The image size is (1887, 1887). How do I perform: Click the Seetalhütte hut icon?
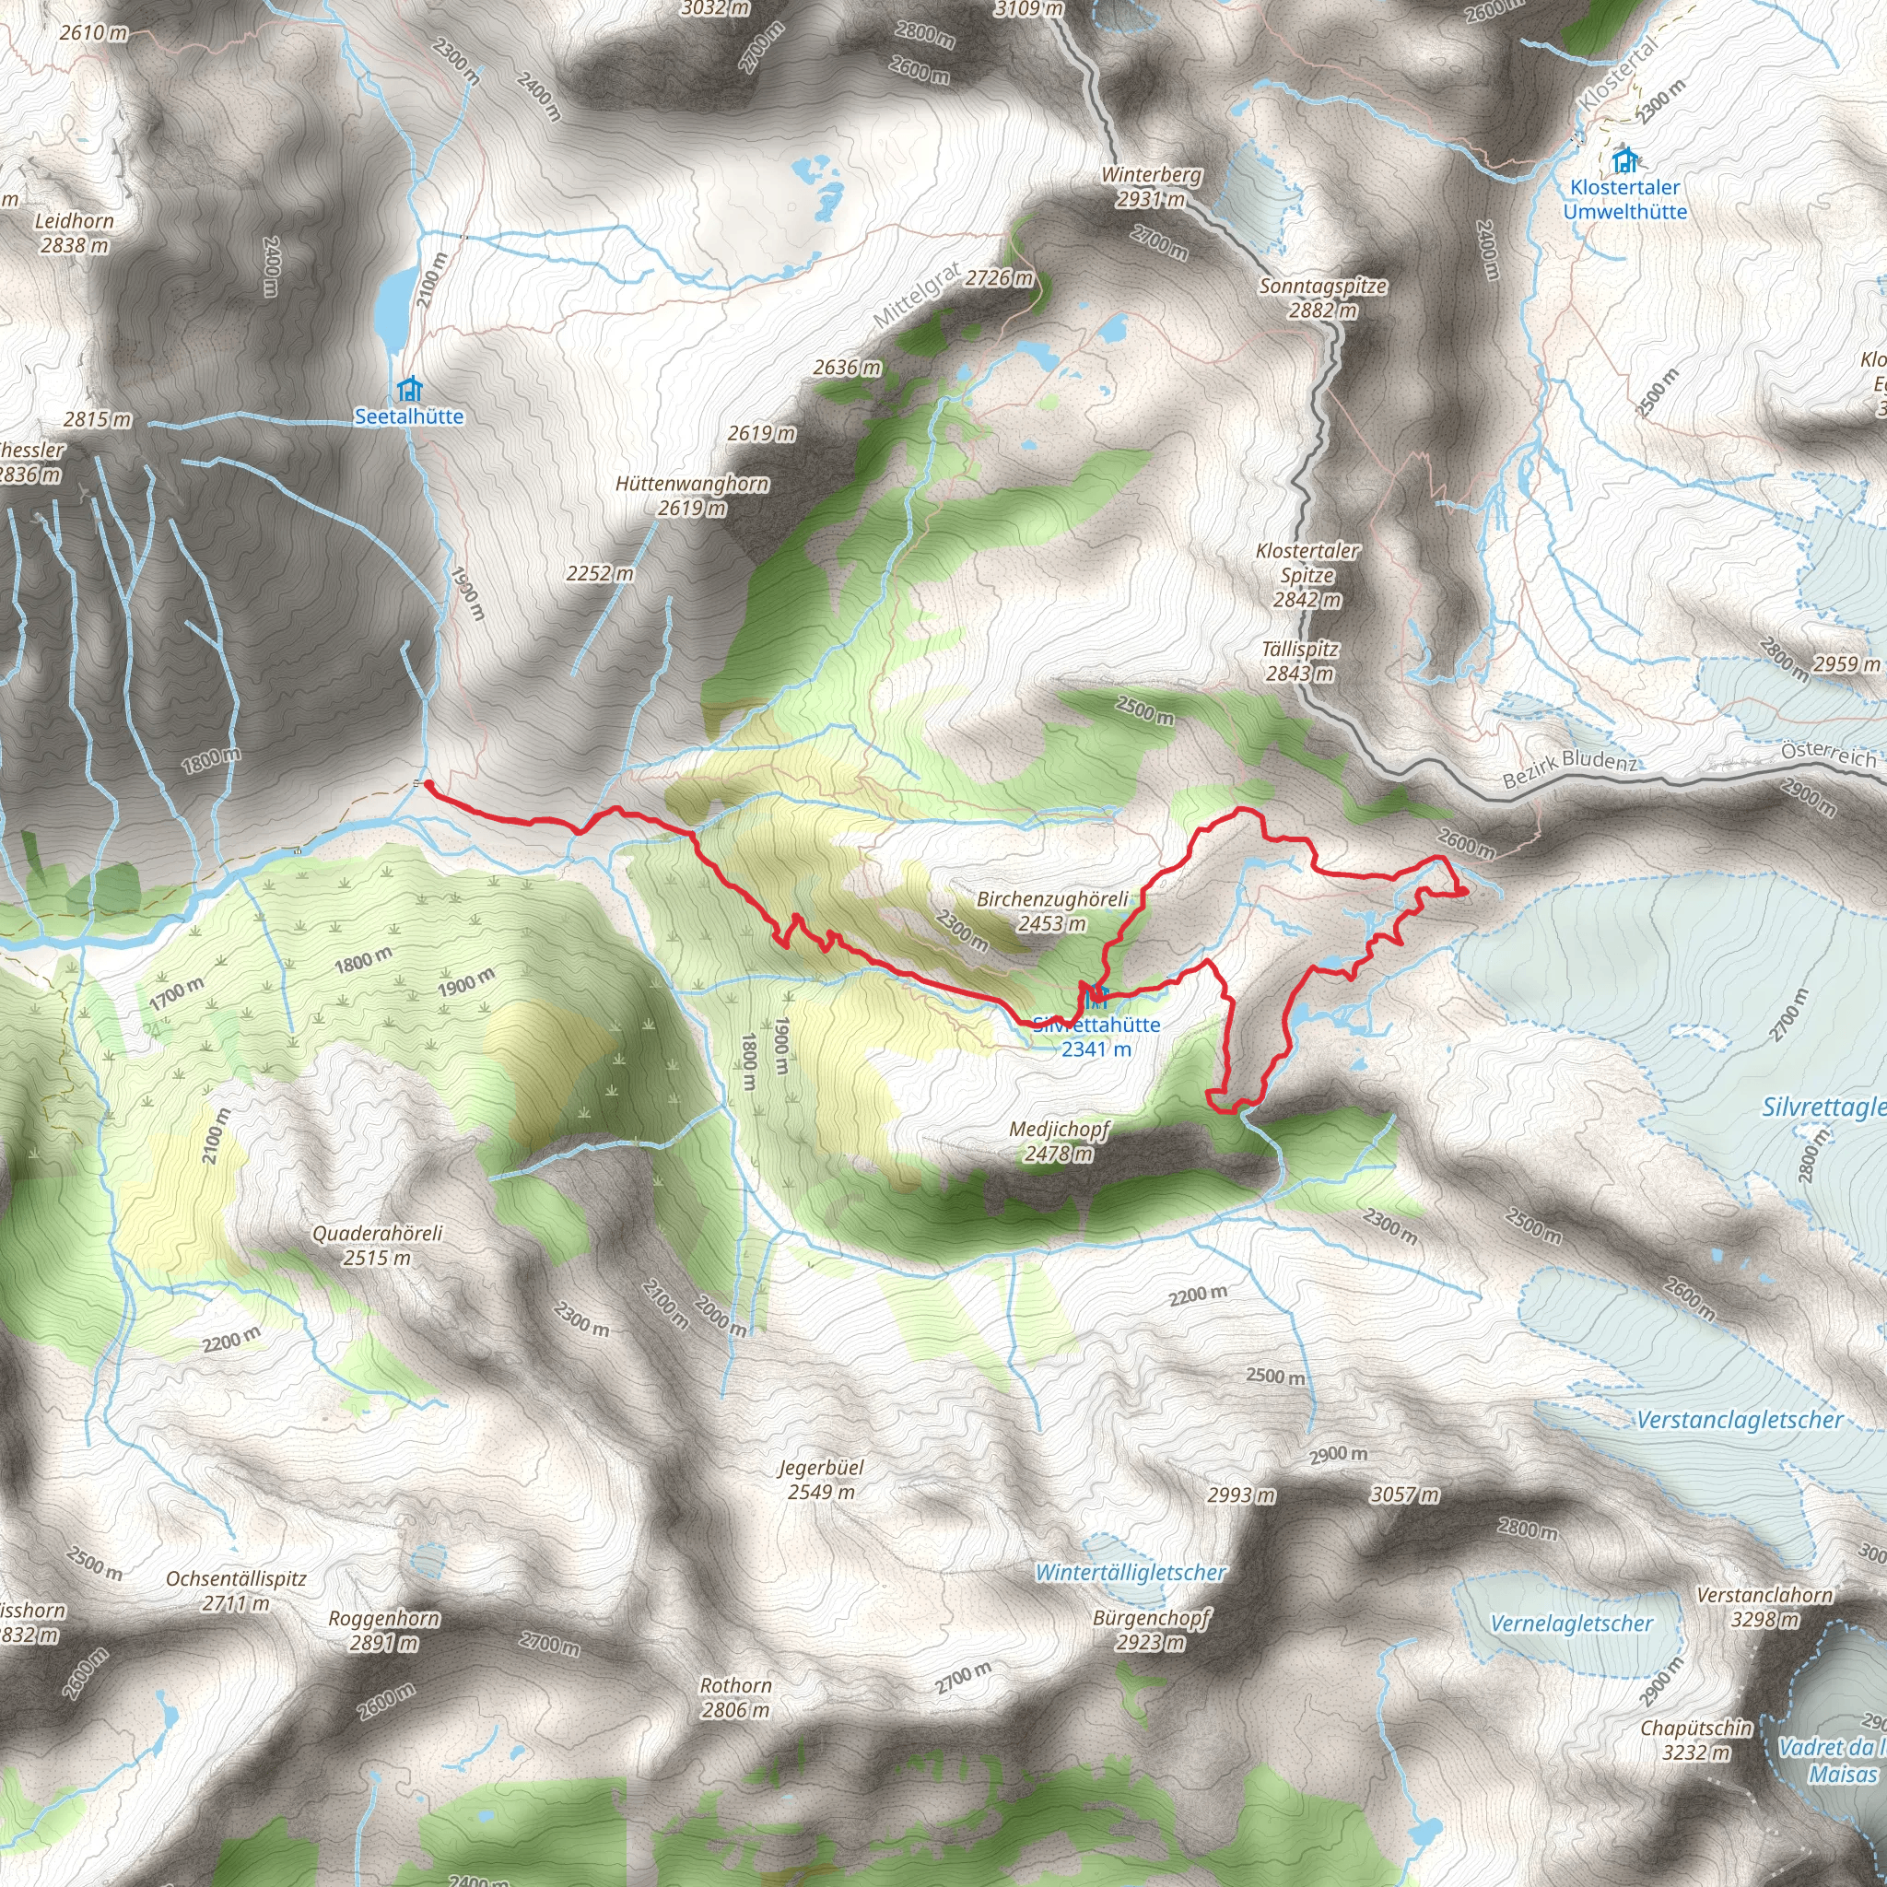coord(409,390)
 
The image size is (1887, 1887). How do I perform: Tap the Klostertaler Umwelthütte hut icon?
coord(1625,159)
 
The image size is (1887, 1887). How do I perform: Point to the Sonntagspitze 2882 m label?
coord(1322,298)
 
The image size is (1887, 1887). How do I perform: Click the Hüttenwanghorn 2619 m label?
coord(693,495)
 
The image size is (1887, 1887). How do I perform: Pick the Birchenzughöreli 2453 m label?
coord(1052,910)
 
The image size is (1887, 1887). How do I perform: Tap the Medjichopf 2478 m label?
coord(1059,1141)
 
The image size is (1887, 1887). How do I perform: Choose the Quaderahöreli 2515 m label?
coord(377,1246)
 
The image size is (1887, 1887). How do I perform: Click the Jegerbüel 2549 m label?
coord(821,1479)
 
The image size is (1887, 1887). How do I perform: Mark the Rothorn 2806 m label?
coord(735,1697)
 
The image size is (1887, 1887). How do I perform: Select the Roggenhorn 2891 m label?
coord(384,1630)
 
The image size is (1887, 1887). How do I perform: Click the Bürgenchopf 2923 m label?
coord(1152,1629)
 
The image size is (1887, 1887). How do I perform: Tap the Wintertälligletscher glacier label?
coord(1130,1573)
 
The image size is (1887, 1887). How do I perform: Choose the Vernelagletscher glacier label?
coord(1572,1623)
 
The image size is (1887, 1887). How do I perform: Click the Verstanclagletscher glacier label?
coord(1740,1420)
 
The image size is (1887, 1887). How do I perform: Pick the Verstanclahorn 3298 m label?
coord(1764,1607)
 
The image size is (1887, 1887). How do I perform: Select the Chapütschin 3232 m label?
coord(1696,1740)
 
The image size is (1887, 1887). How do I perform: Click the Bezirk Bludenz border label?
coord(1568,768)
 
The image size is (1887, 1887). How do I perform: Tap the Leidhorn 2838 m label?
coord(75,233)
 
